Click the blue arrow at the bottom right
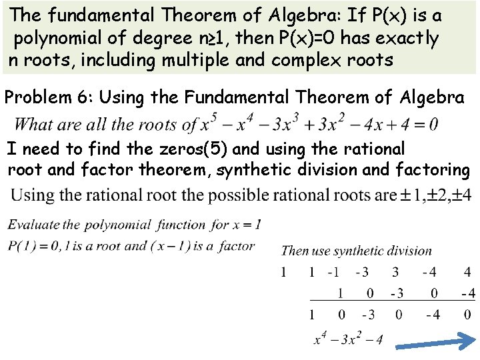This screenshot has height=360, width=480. pyautogui.click(x=433, y=343)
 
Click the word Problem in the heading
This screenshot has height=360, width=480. pyautogui.click(x=35, y=97)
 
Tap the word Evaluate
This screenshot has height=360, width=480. pyautogui.click(x=33, y=225)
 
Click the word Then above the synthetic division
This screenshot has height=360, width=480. pyautogui.click(x=295, y=251)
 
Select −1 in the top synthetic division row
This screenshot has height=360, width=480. pyautogui.click(x=333, y=272)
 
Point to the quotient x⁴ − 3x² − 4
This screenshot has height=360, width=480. pyautogui.click(x=348, y=339)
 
